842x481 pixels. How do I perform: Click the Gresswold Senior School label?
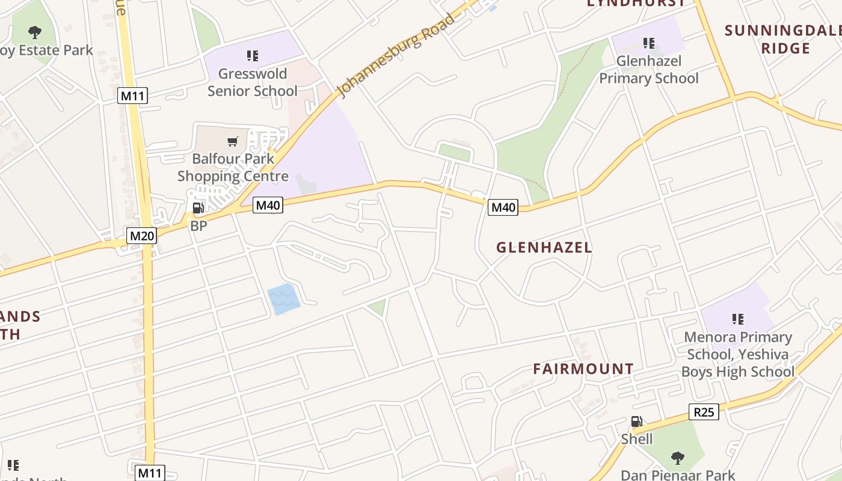253,82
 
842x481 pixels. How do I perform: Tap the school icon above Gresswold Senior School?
253,56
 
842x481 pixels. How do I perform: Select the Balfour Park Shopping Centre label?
233,168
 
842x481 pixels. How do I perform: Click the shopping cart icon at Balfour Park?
233,142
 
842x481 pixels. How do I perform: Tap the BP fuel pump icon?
198,209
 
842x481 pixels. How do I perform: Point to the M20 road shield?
142,236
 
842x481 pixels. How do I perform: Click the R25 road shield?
704,412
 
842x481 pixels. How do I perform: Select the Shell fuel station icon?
636,421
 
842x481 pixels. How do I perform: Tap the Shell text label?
637,439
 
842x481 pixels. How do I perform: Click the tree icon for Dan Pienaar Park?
678,458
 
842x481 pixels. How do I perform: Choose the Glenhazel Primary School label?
649,70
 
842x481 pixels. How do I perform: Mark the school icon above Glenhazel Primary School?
649,43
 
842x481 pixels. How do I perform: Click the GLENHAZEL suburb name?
544,247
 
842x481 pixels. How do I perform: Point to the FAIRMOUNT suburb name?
583,369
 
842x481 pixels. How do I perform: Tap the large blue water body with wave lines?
283,299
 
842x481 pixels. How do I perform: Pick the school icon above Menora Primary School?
738,319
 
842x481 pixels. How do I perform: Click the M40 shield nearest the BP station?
268,205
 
